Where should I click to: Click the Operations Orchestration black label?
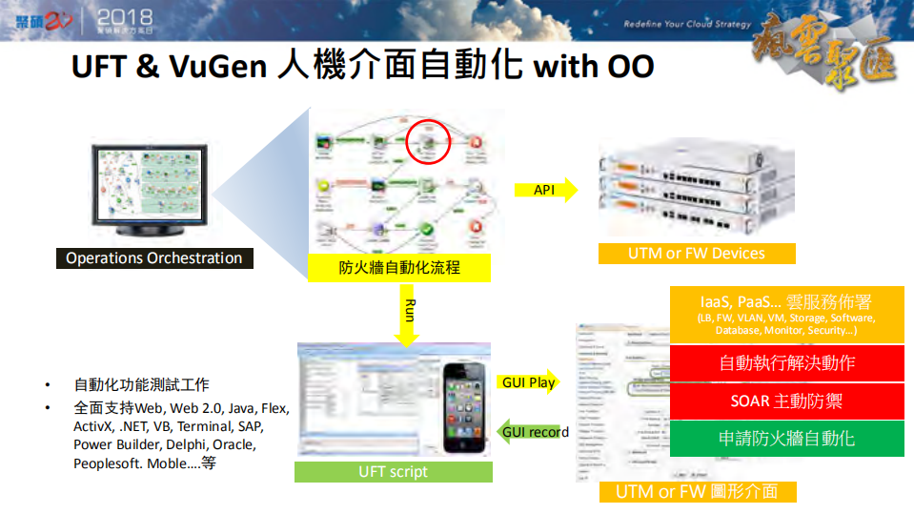pos(153,258)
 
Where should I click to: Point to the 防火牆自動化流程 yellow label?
pos(399,267)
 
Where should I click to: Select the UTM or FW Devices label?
pos(696,253)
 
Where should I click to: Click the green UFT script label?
pos(393,471)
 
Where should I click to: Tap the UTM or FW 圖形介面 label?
pos(696,491)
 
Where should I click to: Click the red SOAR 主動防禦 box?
pos(786,401)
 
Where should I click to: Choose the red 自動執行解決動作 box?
pos(786,362)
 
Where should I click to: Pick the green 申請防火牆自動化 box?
pos(786,438)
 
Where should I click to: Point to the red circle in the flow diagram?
pos(428,142)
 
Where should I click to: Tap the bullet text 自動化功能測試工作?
pos(141,385)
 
